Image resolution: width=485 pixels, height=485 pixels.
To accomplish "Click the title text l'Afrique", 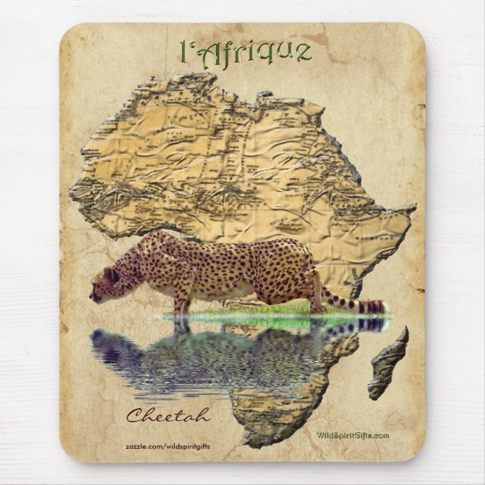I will coord(246,51).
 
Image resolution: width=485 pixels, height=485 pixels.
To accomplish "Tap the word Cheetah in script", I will coord(167,415).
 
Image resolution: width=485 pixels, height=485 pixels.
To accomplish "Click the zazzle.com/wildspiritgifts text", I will coord(167,446).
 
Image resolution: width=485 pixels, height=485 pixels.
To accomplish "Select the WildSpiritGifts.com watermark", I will coord(352,435).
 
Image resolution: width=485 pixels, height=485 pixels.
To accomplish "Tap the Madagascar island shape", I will coord(388,363).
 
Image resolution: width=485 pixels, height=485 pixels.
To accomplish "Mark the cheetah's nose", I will coord(92,296).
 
